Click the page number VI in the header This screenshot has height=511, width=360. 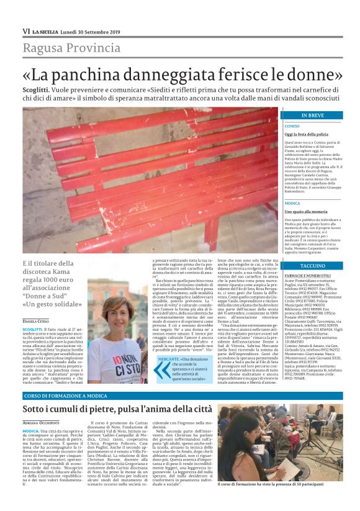click(x=26, y=31)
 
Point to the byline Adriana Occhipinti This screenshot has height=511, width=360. click(x=43, y=423)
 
